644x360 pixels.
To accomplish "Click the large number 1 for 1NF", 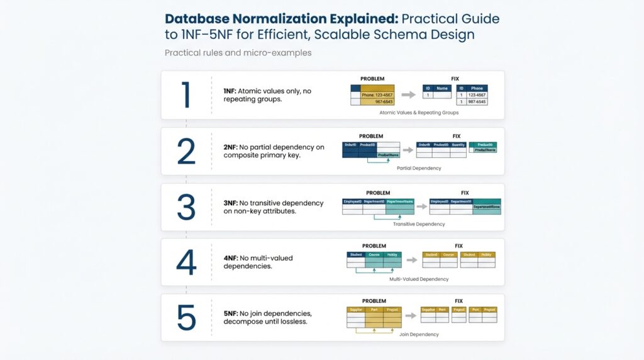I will [186, 95].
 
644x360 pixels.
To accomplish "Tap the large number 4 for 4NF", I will [186, 262].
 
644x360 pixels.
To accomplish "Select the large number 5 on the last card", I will [186, 318].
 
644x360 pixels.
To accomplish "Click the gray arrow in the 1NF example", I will [409, 94].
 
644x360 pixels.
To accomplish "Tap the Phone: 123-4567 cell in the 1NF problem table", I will [377, 94].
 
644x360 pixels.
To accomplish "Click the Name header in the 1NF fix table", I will [442, 88].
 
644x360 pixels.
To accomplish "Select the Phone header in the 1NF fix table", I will [477, 88].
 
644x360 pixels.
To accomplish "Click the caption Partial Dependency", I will [419, 168].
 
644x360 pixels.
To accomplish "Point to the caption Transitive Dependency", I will [419, 224].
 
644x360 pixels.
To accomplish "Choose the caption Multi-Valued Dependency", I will [419, 279].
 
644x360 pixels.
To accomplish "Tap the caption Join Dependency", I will [419, 334].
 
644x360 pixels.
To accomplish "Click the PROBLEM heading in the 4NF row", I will [374, 245].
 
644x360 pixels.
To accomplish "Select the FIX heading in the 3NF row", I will [465, 193].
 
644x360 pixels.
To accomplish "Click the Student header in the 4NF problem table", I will [355, 255].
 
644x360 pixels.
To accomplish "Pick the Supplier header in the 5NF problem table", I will [356, 310].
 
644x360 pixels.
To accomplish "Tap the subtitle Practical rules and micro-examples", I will [238, 53].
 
